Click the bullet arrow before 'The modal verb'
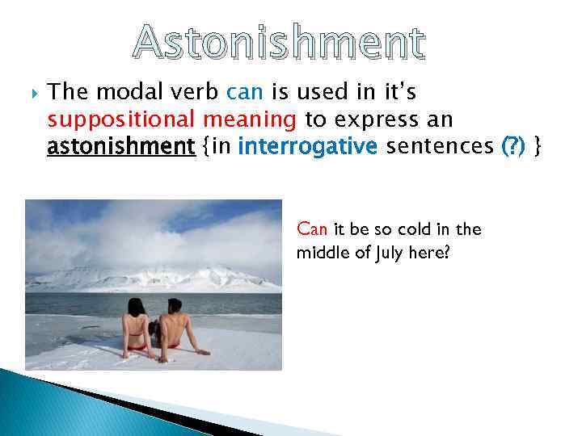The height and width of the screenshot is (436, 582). click(x=30, y=90)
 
